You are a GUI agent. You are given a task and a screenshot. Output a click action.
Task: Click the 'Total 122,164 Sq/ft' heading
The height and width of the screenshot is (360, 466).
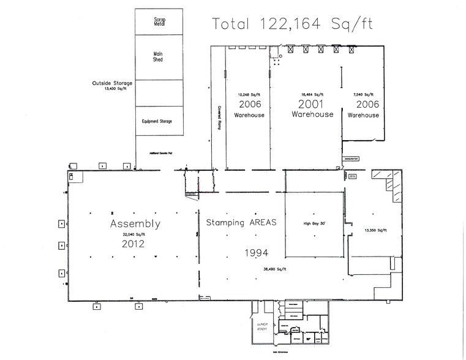pyautogui.click(x=292, y=24)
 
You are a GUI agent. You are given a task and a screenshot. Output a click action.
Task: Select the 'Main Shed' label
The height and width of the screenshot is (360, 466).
pyautogui.click(x=158, y=56)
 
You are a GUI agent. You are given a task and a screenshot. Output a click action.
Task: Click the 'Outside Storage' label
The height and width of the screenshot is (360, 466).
pyautogui.click(x=109, y=83)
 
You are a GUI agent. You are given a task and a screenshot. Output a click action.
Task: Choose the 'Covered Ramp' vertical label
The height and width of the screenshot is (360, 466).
pyautogui.click(x=218, y=114)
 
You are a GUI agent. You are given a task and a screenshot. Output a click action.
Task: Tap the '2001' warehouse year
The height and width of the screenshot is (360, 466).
pyautogui.click(x=312, y=105)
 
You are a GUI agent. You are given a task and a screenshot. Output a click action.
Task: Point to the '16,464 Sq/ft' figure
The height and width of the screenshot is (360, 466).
pyautogui.click(x=312, y=95)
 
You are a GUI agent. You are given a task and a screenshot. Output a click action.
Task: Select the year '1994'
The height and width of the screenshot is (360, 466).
pyautogui.click(x=257, y=252)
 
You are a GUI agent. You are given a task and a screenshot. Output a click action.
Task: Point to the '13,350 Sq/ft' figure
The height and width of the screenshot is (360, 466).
pyautogui.click(x=374, y=230)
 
